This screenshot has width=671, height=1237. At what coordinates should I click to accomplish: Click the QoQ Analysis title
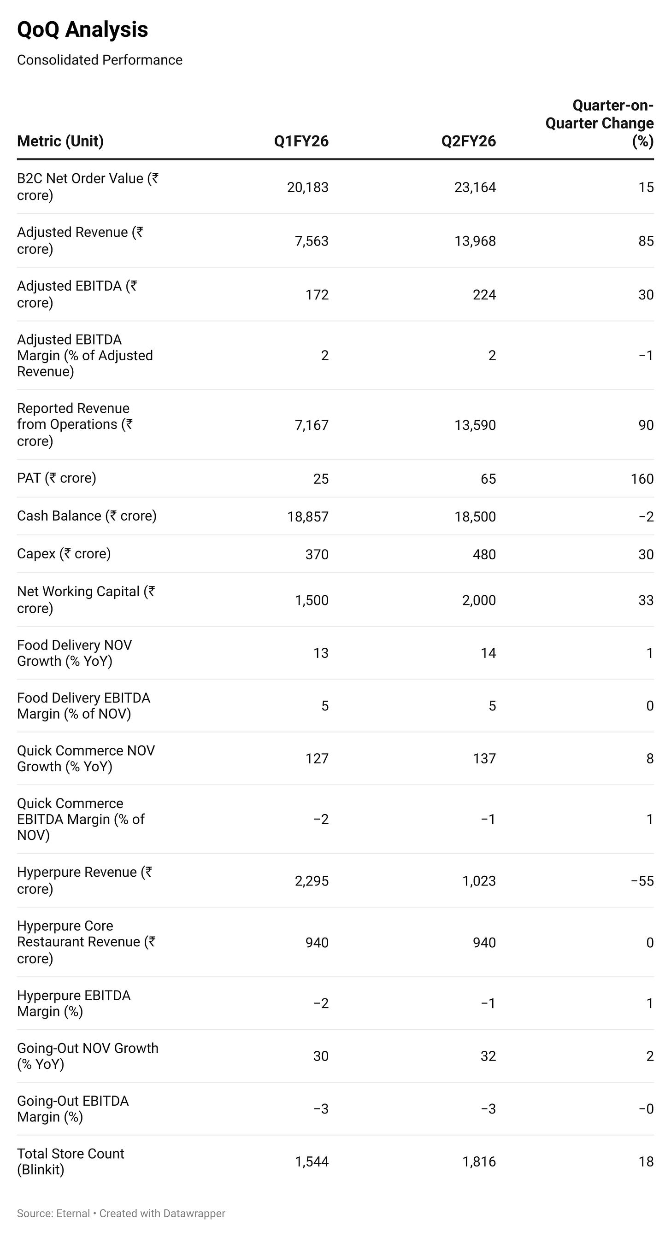pyautogui.click(x=82, y=30)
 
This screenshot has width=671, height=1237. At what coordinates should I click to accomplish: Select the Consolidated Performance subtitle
pyautogui.click(x=100, y=60)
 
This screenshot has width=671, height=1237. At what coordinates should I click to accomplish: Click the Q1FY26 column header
pyautogui.click(x=301, y=141)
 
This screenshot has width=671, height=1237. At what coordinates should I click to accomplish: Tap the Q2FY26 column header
pyautogui.click(x=468, y=141)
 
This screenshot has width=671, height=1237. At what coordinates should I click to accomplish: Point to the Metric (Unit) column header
pyautogui.click(x=60, y=141)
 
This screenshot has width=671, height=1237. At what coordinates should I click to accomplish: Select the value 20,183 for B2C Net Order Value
pyautogui.click(x=307, y=188)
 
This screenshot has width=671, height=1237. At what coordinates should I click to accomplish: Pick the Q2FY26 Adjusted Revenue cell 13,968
pyautogui.click(x=475, y=241)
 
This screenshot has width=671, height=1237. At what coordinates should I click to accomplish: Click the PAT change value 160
pyautogui.click(x=642, y=479)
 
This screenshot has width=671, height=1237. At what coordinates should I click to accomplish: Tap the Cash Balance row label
pyautogui.click(x=87, y=516)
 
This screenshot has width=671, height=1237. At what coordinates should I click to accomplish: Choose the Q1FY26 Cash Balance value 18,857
pyautogui.click(x=307, y=517)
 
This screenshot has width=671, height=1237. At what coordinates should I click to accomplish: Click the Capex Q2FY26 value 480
pyautogui.click(x=484, y=555)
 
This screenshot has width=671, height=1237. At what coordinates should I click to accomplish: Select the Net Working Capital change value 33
pyautogui.click(x=646, y=600)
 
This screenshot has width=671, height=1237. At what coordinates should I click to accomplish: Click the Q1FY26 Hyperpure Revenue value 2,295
pyautogui.click(x=311, y=881)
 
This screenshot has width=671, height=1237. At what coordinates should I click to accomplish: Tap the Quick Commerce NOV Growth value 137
pyautogui.click(x=484, y=759)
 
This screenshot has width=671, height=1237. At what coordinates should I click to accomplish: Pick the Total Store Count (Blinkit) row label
pyautogui.click(x=70, y=1161)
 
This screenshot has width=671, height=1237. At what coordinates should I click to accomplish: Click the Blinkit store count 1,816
pyautogui.click(x=478, y=1162)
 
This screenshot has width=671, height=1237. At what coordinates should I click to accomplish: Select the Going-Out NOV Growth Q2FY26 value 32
pyautogui.click(x=488, y=1056)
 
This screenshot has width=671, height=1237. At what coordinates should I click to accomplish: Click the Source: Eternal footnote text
pyautogui.click(x=53, y=1214)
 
